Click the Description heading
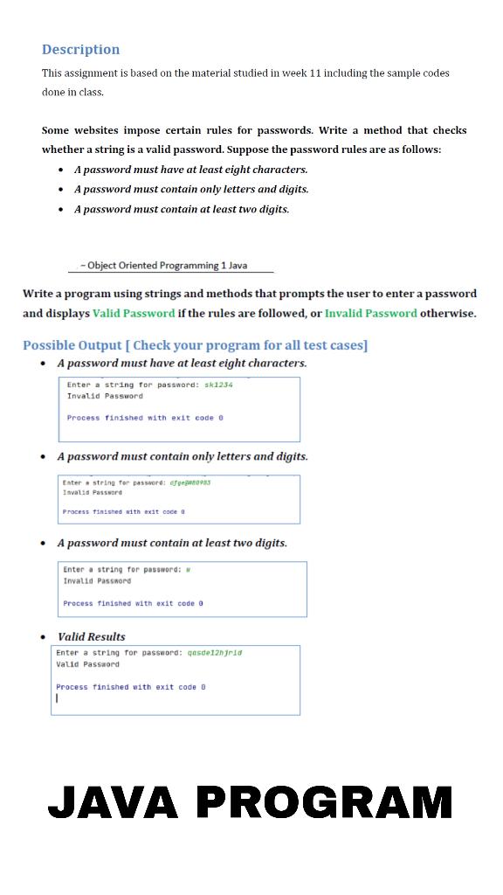pos(81,50)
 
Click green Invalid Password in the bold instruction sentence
pos(370,313)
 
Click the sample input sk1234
pos(218,385)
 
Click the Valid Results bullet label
pos(91,636)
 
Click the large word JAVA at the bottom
pos(115,802)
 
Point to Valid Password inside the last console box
pos(88,664)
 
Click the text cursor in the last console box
pos(58,698)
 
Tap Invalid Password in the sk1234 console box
pos(105,396)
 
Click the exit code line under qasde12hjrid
pos(131,687)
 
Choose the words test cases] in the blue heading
pos(330,345)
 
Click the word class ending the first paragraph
pos(89,92)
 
